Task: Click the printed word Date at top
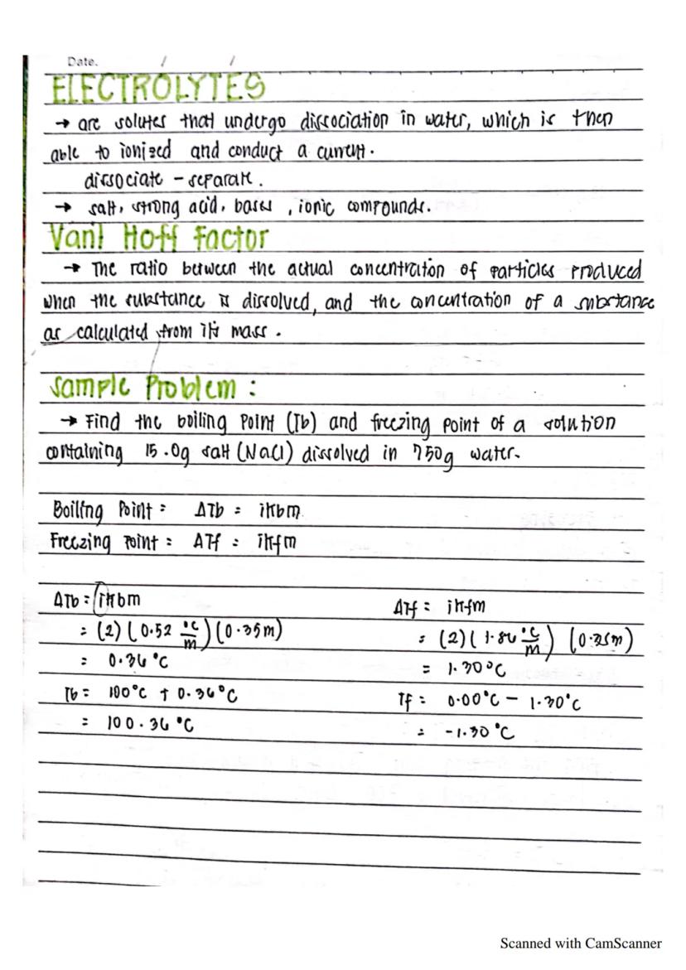(x=83, y=61)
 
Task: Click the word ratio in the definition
(x=147, y=271)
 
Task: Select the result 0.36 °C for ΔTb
(x=138, y=662)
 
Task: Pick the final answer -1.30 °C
(x=481, y=731)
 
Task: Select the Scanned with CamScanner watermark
(x=581, y=943)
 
